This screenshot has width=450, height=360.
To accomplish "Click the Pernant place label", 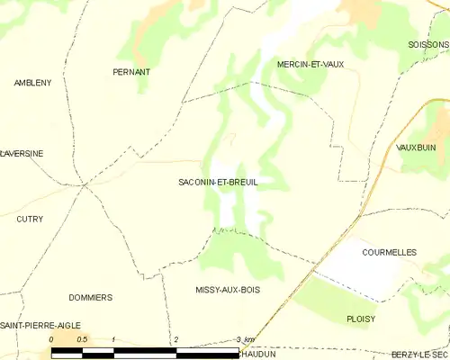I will [x=130, y=71].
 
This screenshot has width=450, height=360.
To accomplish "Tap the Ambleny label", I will [x=32, y=83].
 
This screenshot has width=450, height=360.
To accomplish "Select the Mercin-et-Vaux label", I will [x=310, y=64].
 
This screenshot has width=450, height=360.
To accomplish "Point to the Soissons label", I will [x=427, y=44].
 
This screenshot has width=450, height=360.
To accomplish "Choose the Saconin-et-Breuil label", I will [x=218, y=182].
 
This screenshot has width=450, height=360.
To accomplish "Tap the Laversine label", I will [x=22, y=154].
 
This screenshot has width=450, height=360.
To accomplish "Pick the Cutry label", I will [x=30, y=219].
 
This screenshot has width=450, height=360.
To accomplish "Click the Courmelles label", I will [x=389, y=253].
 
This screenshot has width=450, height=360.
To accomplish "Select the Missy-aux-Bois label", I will [x=228, y=290].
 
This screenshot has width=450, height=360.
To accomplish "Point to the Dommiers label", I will [x=90, y=297].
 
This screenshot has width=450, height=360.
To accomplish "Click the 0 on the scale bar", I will [x=51, y=339].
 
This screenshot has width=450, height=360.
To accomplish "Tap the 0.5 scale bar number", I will [x=82, y=339].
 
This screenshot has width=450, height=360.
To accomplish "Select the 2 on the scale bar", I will [x=176, y=339].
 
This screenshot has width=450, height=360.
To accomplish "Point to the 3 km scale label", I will [x=244, y=339].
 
